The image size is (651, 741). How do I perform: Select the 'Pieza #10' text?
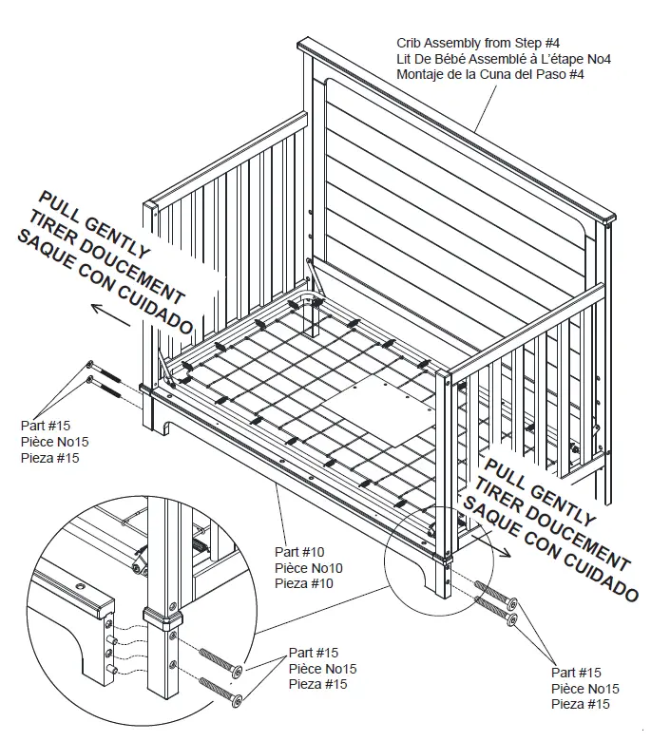(305, 582)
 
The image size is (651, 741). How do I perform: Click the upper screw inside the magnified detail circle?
(220, 664)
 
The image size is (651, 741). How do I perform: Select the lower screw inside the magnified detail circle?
(220, 689)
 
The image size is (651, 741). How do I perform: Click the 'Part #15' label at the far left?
(46, 427)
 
